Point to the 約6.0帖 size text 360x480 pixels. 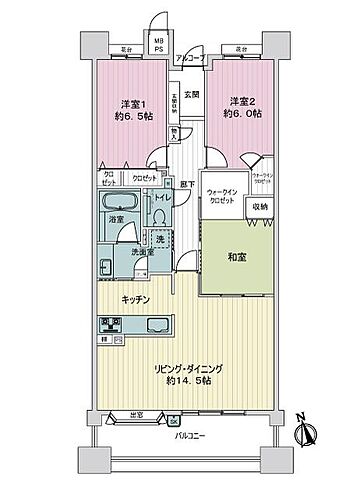(x=243, y=112)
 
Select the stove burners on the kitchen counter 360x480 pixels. (x=110, y=324)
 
